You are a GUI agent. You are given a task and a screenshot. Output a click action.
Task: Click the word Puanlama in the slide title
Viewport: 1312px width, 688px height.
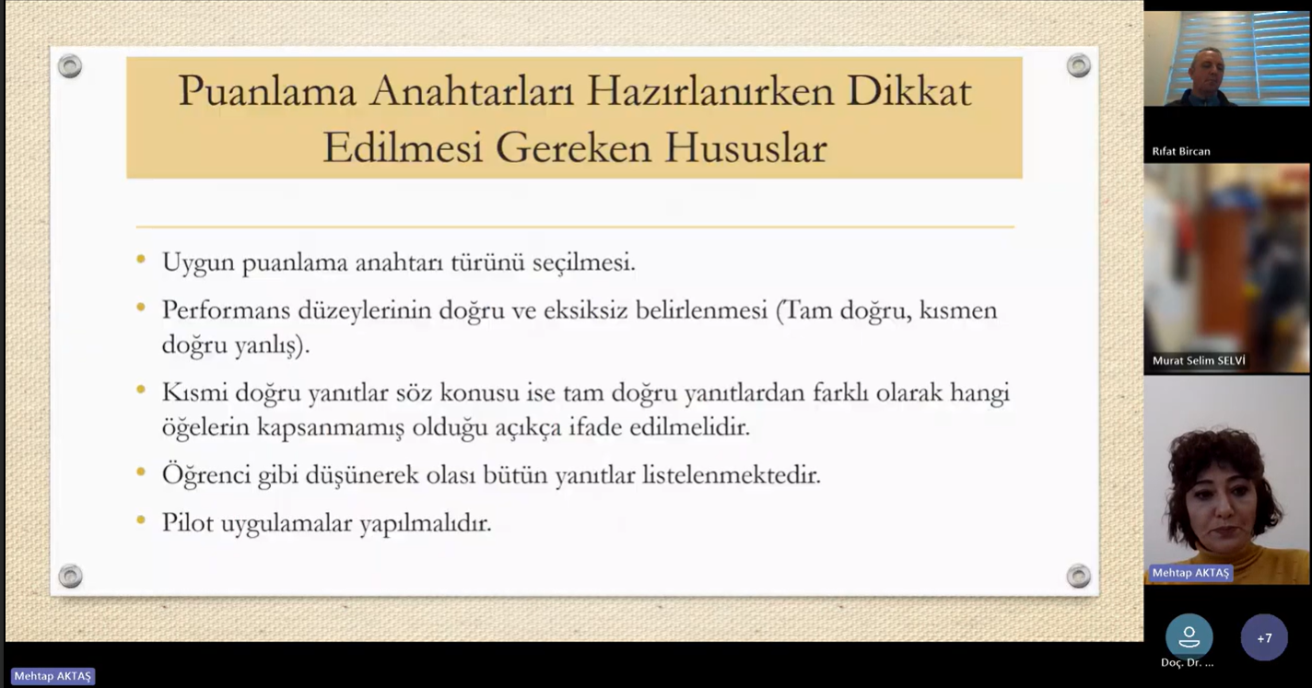[267, 91]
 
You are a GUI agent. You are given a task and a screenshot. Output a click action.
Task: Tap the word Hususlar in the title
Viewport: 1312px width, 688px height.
[745, 147]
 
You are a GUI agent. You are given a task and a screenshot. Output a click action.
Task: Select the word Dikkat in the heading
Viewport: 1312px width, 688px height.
[909, 91]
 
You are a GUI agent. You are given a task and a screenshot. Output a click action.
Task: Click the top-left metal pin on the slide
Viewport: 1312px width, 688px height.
[70, 65]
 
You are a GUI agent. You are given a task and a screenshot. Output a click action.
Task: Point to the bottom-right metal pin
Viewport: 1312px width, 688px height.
[1078, 577]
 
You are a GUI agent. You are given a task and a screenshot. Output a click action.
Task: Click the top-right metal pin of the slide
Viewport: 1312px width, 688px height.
[1078, 65]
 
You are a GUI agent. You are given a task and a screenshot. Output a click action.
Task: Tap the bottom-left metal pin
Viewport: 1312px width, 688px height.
[70, 577]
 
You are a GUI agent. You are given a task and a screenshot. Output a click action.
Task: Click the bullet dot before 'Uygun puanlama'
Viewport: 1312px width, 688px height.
[141, 260]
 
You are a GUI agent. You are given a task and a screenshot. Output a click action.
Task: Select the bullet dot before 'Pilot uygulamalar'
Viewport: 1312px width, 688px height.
[141, 519]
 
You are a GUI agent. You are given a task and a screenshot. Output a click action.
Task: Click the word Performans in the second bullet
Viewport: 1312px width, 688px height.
[226, 309]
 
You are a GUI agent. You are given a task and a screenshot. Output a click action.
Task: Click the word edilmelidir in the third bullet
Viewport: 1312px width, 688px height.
[689, 426]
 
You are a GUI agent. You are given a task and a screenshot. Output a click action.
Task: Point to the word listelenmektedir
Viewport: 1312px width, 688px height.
[731, 475]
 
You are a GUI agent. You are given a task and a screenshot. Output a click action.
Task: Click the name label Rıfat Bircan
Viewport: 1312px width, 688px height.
[1181, 152]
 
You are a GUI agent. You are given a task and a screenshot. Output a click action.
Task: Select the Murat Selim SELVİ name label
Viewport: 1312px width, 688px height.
[1199, 361]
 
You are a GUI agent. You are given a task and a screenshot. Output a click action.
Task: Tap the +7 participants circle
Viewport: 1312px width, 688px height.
[1264, 637]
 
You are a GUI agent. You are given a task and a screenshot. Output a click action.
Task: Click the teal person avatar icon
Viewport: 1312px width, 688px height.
[1189, 636]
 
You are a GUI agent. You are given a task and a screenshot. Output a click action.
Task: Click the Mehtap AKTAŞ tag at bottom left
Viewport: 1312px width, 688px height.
[53, 676]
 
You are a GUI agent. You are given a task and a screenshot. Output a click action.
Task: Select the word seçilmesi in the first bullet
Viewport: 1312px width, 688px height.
[583, 262]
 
